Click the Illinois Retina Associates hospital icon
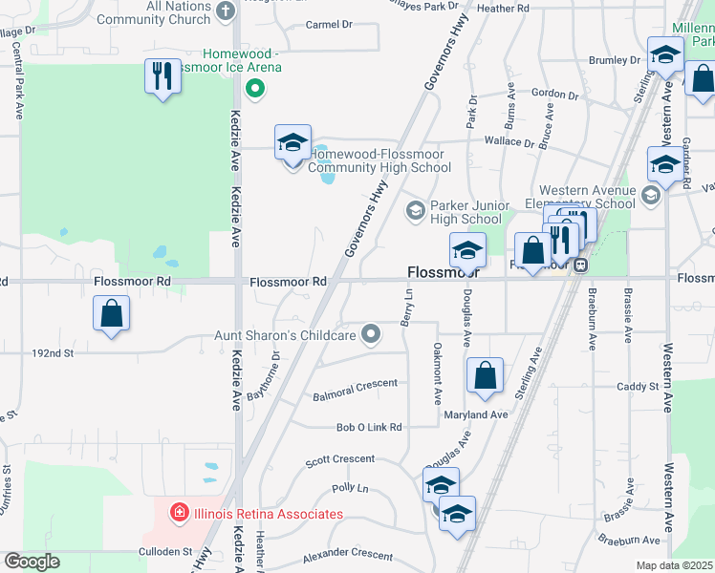click(x=177, y=514)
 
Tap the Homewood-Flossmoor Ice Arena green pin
click(x=254, y=91)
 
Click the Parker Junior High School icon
click(x=416, y=210)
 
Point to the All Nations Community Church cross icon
click(x=226, y=11)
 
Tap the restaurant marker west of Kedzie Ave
click(x=162, y=76)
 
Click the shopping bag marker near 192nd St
click(x=111, y=313)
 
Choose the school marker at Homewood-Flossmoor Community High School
click(x=292, y=144)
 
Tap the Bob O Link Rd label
click(x=368, y=427)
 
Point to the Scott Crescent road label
click(x=339, y=459)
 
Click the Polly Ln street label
click(x=349, y=488)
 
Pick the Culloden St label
click(x=165, y=551)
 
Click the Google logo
click(x=32, y=562)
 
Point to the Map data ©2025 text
click(x=674, y=565)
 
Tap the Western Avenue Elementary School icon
click(x=651, y=196)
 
